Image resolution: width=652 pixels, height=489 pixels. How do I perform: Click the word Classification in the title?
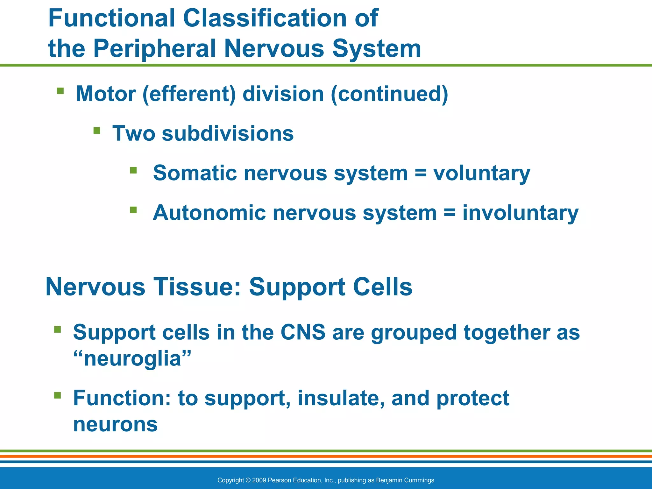[265, 18]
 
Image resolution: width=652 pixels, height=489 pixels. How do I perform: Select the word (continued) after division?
[389, 94]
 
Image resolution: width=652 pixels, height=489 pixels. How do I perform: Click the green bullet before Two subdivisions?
[97, 131]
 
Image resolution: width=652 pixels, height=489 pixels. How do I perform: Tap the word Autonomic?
[209, 213]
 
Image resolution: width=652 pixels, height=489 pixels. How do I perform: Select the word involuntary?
[520, 213]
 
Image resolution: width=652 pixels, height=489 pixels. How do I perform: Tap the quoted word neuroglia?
[132, 358]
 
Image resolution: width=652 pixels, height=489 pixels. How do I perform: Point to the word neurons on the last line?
[115, 424]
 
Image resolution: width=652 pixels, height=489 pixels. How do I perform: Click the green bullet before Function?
[57, 395]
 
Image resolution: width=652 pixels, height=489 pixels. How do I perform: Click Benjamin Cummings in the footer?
[405, 480]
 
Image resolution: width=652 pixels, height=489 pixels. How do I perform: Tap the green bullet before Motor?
[60, 91]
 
